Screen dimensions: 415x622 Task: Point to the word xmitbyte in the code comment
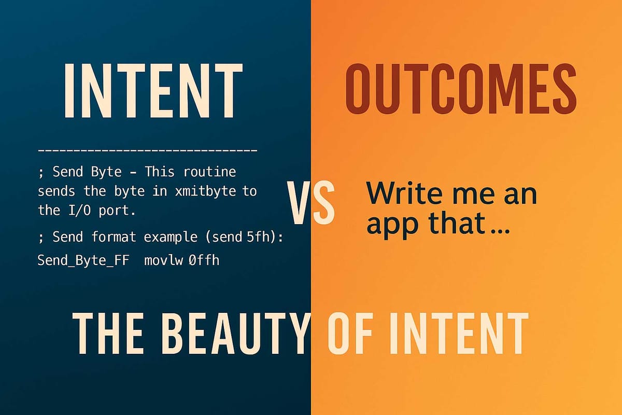(x=211, y=191)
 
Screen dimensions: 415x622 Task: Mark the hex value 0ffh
(x=204, y=260)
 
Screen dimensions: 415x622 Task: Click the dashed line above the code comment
(x=148, y=151)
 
